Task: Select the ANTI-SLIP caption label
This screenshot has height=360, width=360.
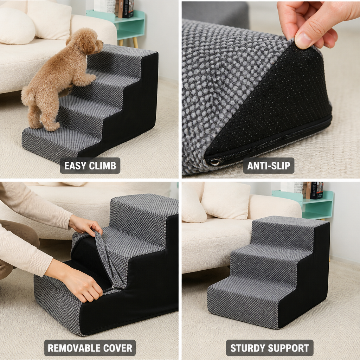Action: (x=269, y=166)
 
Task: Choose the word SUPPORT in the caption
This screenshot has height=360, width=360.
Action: (x=285, y=348)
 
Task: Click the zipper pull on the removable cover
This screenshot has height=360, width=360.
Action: (x=113, y=288)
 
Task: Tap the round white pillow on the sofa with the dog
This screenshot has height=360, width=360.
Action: (x=17, y=26)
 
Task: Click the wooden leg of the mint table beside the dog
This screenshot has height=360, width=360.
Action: (x=135, y=43)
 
